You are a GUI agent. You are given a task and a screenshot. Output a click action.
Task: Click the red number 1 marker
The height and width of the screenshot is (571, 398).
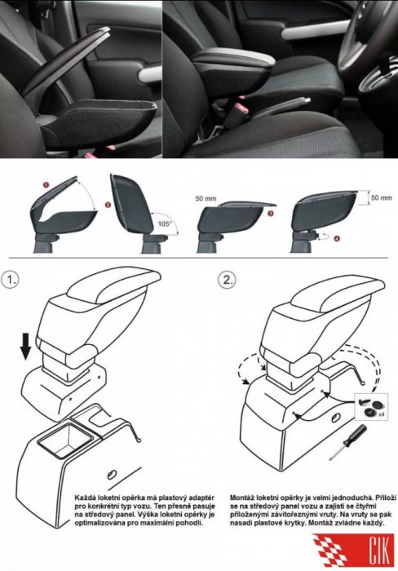(x=46, y=184)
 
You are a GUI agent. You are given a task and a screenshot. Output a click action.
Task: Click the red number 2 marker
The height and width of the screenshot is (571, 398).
(x=108, y=205)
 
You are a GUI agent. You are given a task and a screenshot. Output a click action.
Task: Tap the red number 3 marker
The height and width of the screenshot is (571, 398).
(x=270, y=214)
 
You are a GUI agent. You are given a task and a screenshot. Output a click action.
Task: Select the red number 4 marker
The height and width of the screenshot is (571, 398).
(x=337, y=238)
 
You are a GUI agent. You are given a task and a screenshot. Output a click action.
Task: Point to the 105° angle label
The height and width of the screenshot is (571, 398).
(x=165, y=224)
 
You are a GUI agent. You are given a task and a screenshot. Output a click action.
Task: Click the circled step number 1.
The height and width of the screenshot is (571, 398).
(x=10, y=280)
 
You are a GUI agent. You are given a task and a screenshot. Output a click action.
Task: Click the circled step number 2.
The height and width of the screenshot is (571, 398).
(x=227, y=280)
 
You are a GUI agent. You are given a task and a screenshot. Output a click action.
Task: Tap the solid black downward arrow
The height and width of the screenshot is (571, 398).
(x=25, y=346)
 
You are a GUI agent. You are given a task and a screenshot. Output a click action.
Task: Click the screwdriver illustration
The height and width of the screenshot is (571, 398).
(x=347, y=442)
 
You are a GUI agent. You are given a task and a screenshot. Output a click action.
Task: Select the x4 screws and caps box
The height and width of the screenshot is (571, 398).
(x=371, y=406)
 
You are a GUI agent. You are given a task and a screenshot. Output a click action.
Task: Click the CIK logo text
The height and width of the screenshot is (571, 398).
(x=379, y=550)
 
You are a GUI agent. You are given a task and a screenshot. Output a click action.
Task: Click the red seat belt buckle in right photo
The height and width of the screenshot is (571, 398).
(x=241, y=108)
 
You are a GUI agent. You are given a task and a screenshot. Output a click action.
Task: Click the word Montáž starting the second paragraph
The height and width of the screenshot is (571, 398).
(x=242, y=498)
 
